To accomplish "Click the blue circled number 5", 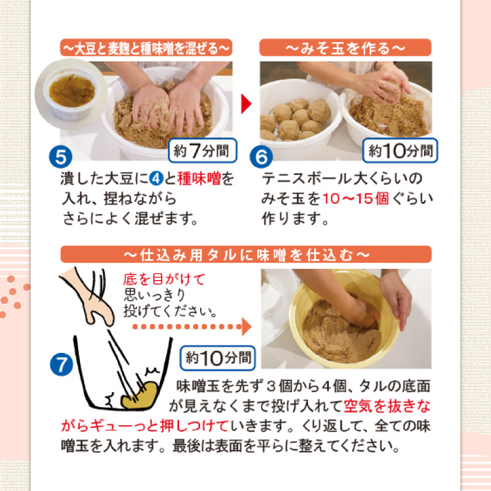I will click(61, 157).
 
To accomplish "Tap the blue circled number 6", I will click(261, 157).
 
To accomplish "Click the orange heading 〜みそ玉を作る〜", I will click(346, 47).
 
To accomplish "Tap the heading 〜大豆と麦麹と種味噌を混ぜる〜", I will click(146, 47).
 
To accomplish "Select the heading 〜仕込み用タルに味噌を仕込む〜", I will click(245, 253).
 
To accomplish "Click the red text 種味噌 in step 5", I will click(198, 179).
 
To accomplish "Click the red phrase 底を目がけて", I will click(163, 280).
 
